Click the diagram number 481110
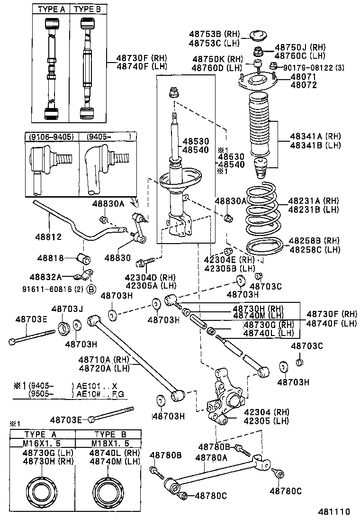[333, 512]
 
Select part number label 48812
[45, 235]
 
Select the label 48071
[304, 77]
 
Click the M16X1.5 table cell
[43, 443]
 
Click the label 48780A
[212, 457]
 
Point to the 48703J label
[67, 309]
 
